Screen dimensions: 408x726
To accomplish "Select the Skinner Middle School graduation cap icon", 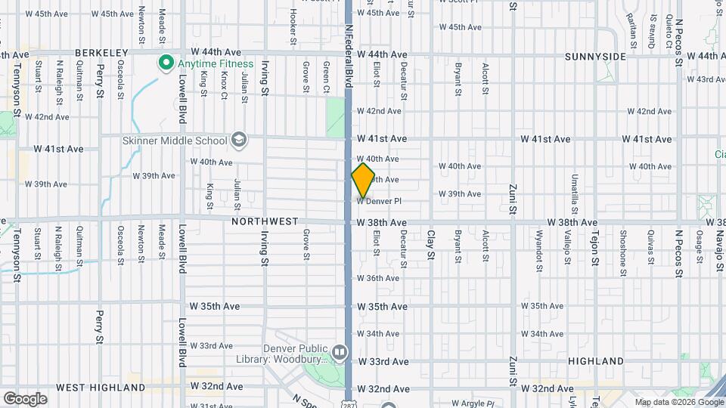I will pyautogui.click(x=239, y=140).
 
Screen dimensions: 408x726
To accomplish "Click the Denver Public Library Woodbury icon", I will pyautogui.click(x=340, y=352).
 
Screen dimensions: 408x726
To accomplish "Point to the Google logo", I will pyautogui.click(x=25, y=398).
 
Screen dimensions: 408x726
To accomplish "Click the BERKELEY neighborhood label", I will pyautogui.click(x=101, y=53).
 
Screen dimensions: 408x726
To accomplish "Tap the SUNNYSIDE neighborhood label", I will pyautogui.click(x=595, y=57).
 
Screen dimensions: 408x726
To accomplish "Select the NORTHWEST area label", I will pyautogui.click(x=265, y=221).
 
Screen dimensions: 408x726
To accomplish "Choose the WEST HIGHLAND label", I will pyautogui.click(x=101, y=388).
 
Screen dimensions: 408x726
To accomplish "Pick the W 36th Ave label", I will pyautogui.click(x=377, y=278).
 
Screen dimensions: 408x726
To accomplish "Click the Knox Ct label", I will pyautogui.click(x=224, y=85).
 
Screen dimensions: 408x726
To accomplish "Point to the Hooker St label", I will pyautogui.click(x=292, y=26).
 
